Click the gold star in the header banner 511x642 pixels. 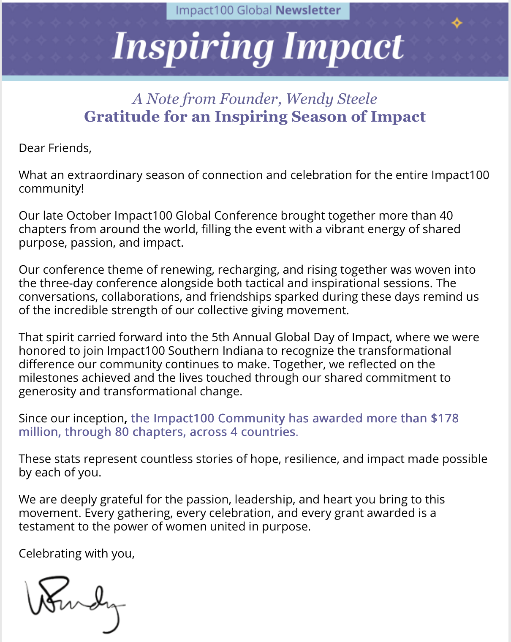click(457, 23)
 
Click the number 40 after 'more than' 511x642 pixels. click(446, 216)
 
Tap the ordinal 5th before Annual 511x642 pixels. click(220, 337)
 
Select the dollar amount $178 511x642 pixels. click(444, 419)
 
